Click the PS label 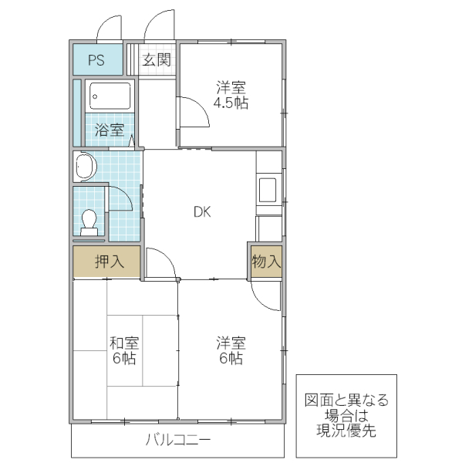pyautogui.click(x=96, y=60)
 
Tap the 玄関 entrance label pyautogui.click(x=157, y=60)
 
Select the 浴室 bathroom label pyautogui.click(x=109, y=130)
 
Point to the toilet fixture pyautogui.click(x=89, y=222)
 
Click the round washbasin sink pyautogui.click(x=85, y=167)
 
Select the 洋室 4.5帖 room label pyautogui.click(x=231, y=95)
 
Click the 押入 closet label pyautogui.click(x=109, y=262)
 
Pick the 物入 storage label pyautogui.click(x=266, y=262)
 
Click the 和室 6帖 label pyautogui.click(x=123, y=351)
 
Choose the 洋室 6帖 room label pyautogui.click(x=231, y=351)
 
